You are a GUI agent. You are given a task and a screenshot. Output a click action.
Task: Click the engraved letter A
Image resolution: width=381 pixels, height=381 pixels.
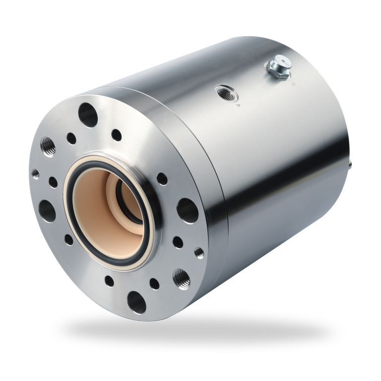click(238, 105)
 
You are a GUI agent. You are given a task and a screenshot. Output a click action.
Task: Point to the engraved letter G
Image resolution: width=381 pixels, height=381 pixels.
click(294, 84)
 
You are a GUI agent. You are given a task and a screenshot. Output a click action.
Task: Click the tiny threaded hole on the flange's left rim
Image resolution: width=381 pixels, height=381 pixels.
click(35, 174)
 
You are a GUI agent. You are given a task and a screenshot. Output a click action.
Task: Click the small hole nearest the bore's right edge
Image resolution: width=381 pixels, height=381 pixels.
click(162, 179)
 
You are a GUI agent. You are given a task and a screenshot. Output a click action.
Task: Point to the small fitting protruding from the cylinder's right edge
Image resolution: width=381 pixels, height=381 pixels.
click(352, 163)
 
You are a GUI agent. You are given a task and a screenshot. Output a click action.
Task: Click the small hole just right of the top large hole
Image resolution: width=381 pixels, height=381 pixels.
click(117, 134)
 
